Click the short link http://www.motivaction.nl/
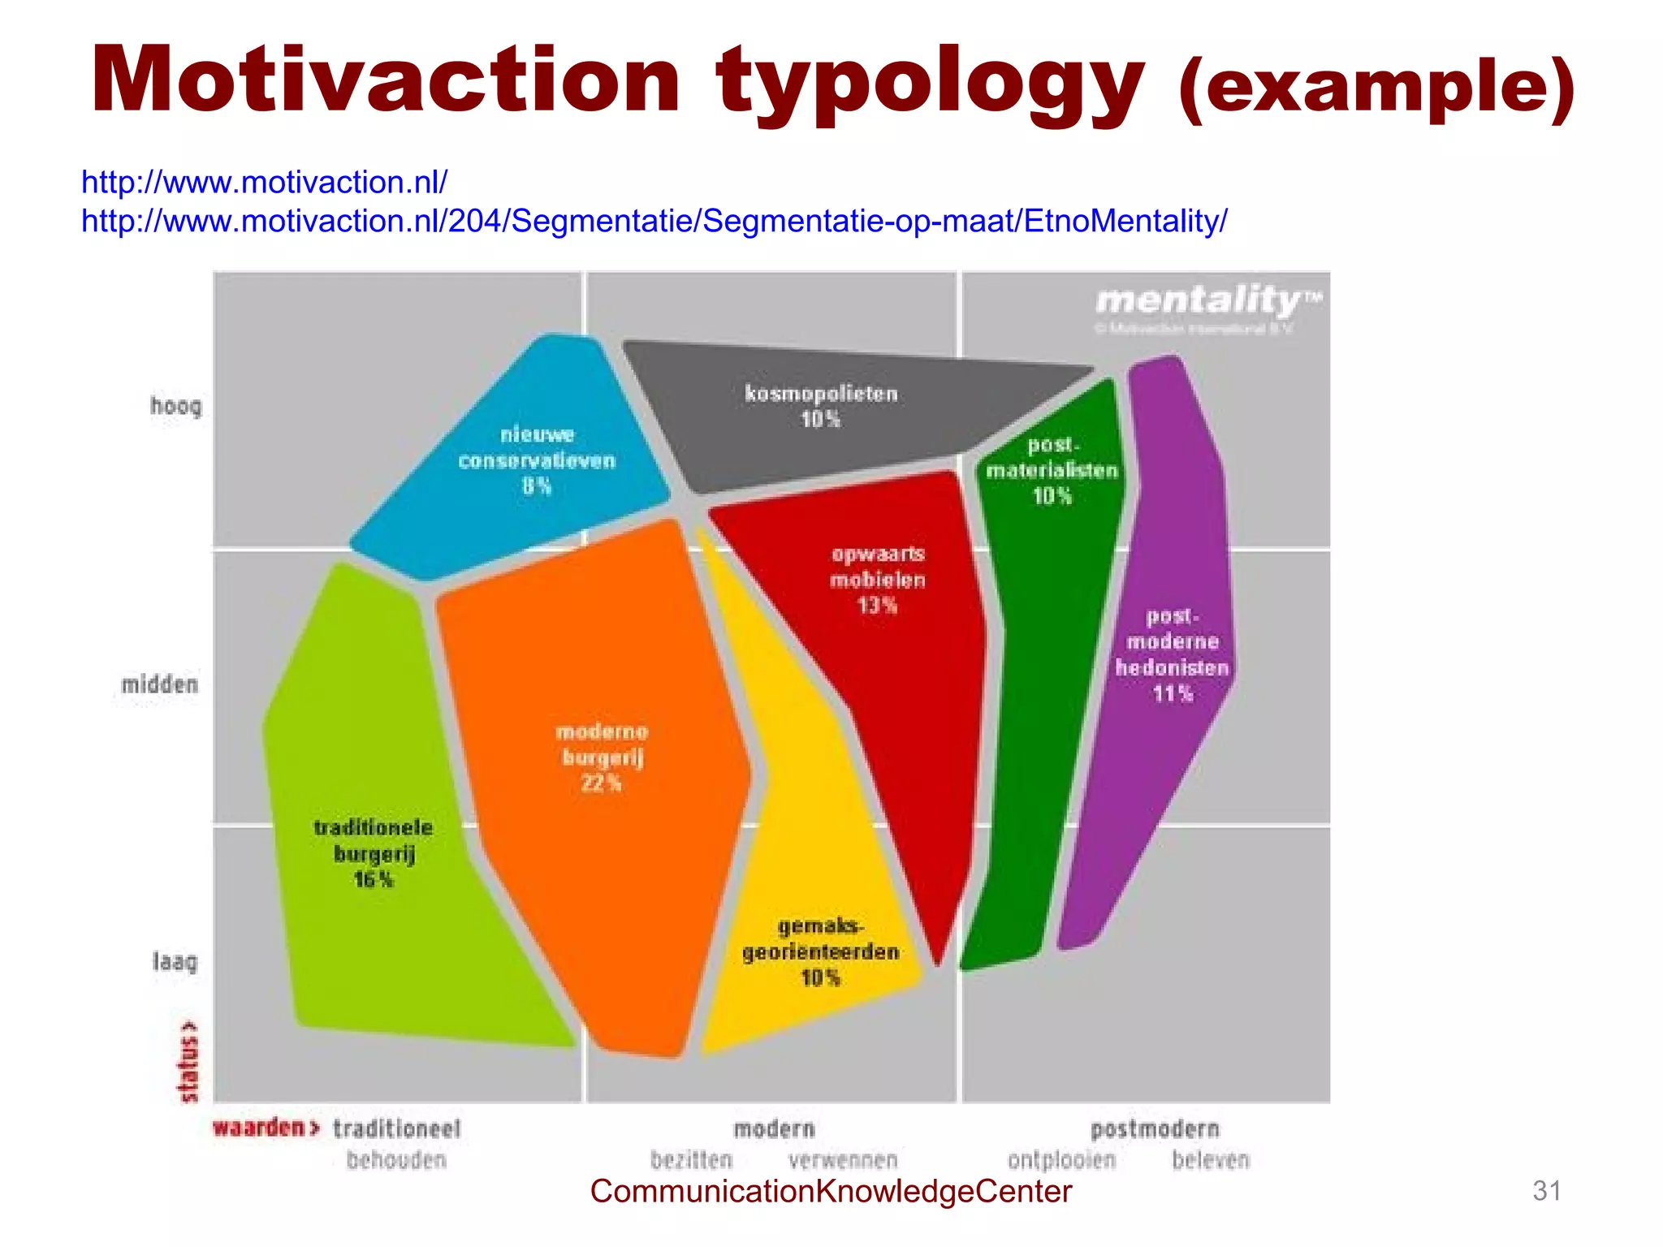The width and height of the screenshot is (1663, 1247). [264, 182]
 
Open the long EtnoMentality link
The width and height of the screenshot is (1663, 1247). [654, 221]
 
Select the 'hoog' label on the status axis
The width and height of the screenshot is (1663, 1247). [175, 405]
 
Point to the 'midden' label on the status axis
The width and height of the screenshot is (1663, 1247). [160, 684]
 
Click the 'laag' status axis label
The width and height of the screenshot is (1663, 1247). [175, 962]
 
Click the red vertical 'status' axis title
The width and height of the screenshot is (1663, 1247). [188, 1061]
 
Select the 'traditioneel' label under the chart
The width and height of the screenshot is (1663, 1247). [396, 1128]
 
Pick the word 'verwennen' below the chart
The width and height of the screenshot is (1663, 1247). [843, 1160]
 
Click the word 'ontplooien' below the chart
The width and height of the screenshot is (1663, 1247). [1061, 1160]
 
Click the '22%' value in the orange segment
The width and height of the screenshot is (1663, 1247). [601, 783]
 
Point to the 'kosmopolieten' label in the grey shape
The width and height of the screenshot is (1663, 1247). [821, 394]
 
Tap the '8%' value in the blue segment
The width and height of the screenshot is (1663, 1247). [536, 486]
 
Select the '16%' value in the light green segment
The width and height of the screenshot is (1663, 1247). [374, 879]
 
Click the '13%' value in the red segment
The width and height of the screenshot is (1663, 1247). [877, 606]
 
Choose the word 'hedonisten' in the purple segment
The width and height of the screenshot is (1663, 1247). [1172, 667]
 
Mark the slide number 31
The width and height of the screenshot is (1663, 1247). [1546, 1191]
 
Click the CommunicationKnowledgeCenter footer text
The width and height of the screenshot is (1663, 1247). [831, 1191]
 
